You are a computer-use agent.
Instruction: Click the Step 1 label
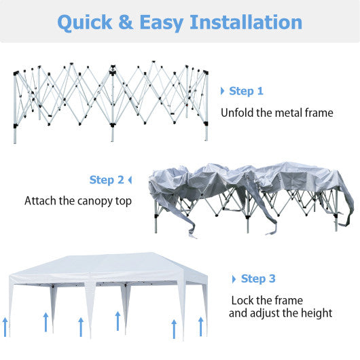[246, 91]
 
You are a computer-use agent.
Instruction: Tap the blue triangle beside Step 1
[222, 91]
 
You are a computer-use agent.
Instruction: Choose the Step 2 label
[107, 180]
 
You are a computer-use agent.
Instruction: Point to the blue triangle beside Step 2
[130, 180]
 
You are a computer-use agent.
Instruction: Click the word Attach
[41, 201]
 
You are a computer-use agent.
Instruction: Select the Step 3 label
[258, 278]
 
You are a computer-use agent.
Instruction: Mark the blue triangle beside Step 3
[234, 278]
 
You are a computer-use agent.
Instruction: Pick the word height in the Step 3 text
[315, 313]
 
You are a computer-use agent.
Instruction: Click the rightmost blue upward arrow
[200, 325]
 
